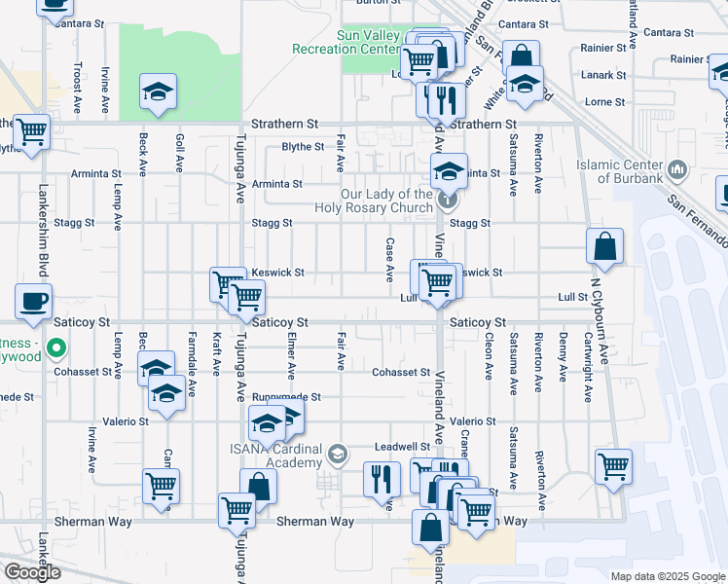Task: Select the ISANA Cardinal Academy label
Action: [x=275, y=455]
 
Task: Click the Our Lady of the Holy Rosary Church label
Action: [x=374, y=200]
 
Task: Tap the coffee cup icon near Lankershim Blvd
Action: [x=34, y=302]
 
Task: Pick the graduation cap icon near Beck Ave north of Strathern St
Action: [x=156, y=92]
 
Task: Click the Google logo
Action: [x=31, y=572]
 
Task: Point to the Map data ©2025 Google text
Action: [x=667, y=576]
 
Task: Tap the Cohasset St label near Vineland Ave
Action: [x=401, y=372]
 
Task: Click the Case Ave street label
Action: [x=389, y=260]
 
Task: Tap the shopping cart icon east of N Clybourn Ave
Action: [x=613, y=466]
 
